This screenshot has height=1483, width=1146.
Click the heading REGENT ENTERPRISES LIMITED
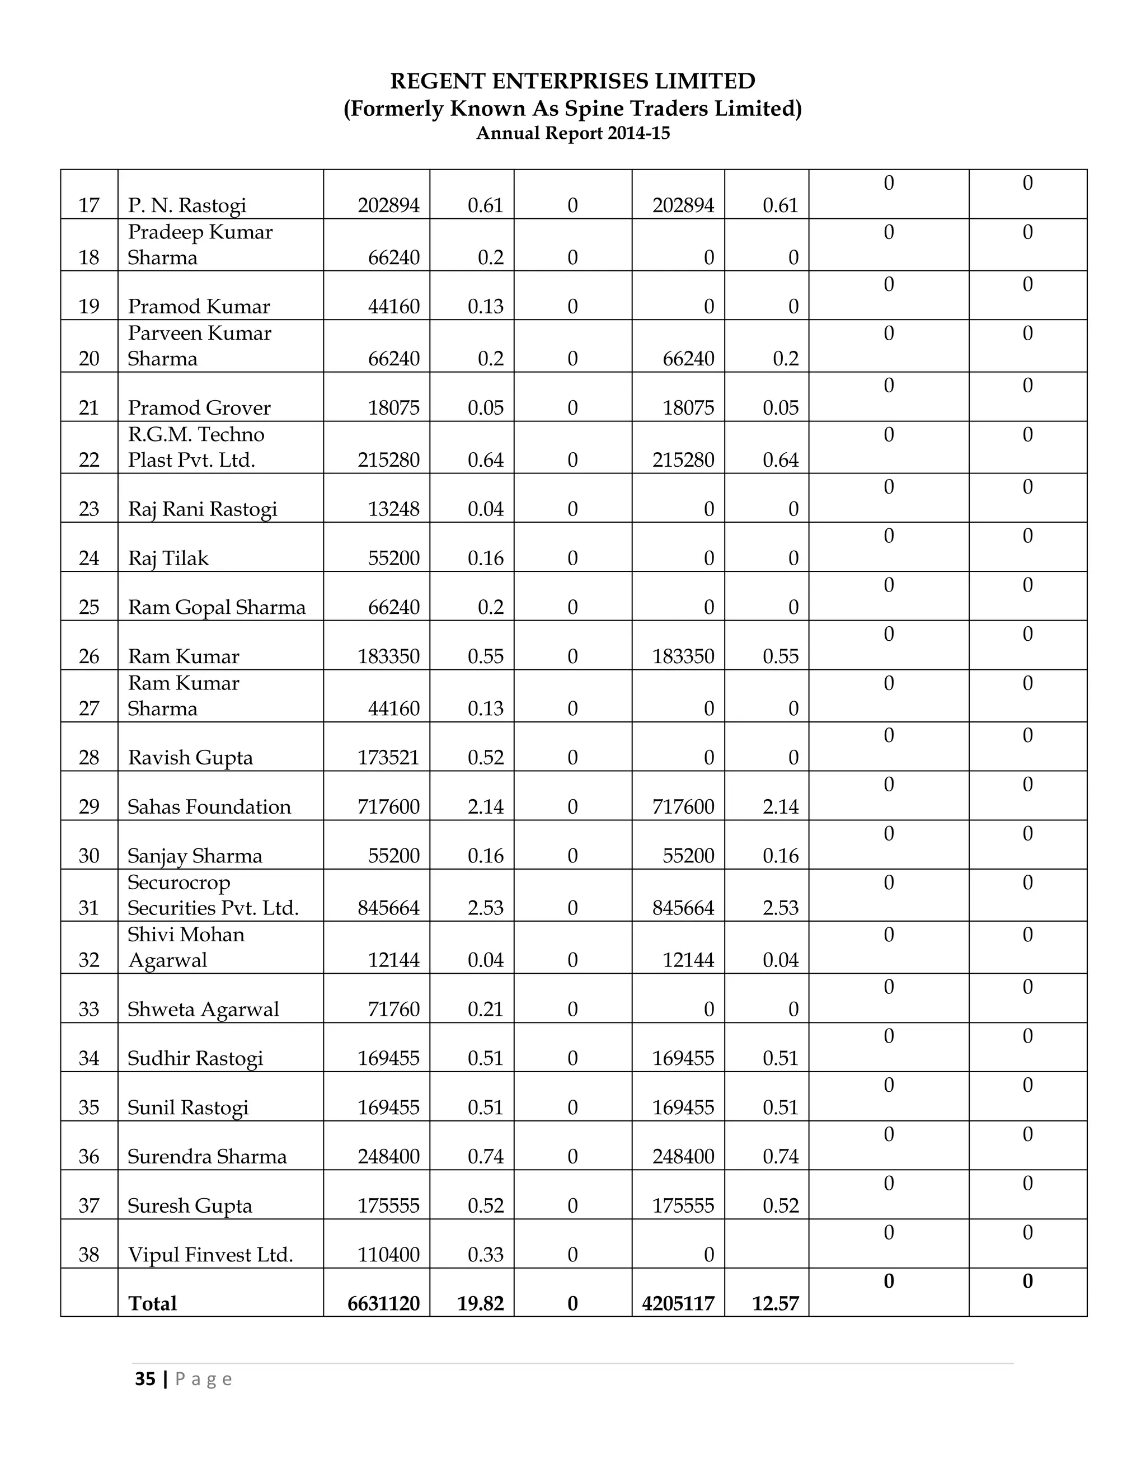coord(572,82)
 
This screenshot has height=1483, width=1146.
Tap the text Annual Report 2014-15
coord(572,133)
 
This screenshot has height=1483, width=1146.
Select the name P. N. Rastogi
coord(187,205)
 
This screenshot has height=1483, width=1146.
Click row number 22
coord(89,459)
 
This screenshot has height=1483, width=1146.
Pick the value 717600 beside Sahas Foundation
coord(388,806)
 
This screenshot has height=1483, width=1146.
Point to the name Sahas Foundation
coord(209,806)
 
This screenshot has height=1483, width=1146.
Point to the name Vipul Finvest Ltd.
coord(210,1254)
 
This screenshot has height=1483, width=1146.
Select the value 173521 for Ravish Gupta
coord(388,757)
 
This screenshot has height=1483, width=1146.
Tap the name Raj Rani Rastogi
coord(203,509)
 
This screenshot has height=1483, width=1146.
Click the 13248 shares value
coord(394,509)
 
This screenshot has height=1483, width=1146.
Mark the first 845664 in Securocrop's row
coord(388,908)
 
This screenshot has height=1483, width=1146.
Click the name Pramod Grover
coord(199,407)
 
